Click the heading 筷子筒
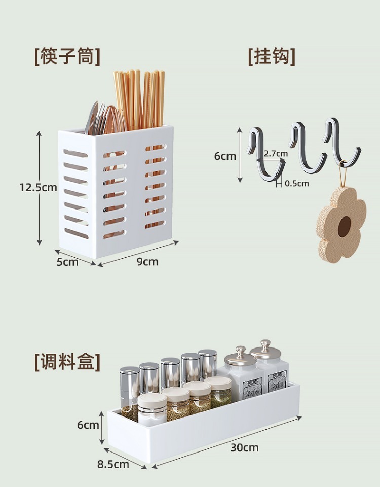67,56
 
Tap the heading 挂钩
272,56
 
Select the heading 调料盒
67,362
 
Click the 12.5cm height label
39,187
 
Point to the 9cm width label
147,261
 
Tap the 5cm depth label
67,262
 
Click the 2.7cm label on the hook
276,153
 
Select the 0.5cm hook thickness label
296,183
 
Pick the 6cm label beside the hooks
225,156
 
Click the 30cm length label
244,447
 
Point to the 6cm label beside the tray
88,425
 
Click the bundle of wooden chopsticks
140,99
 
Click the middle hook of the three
307,147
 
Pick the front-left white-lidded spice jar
152,408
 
